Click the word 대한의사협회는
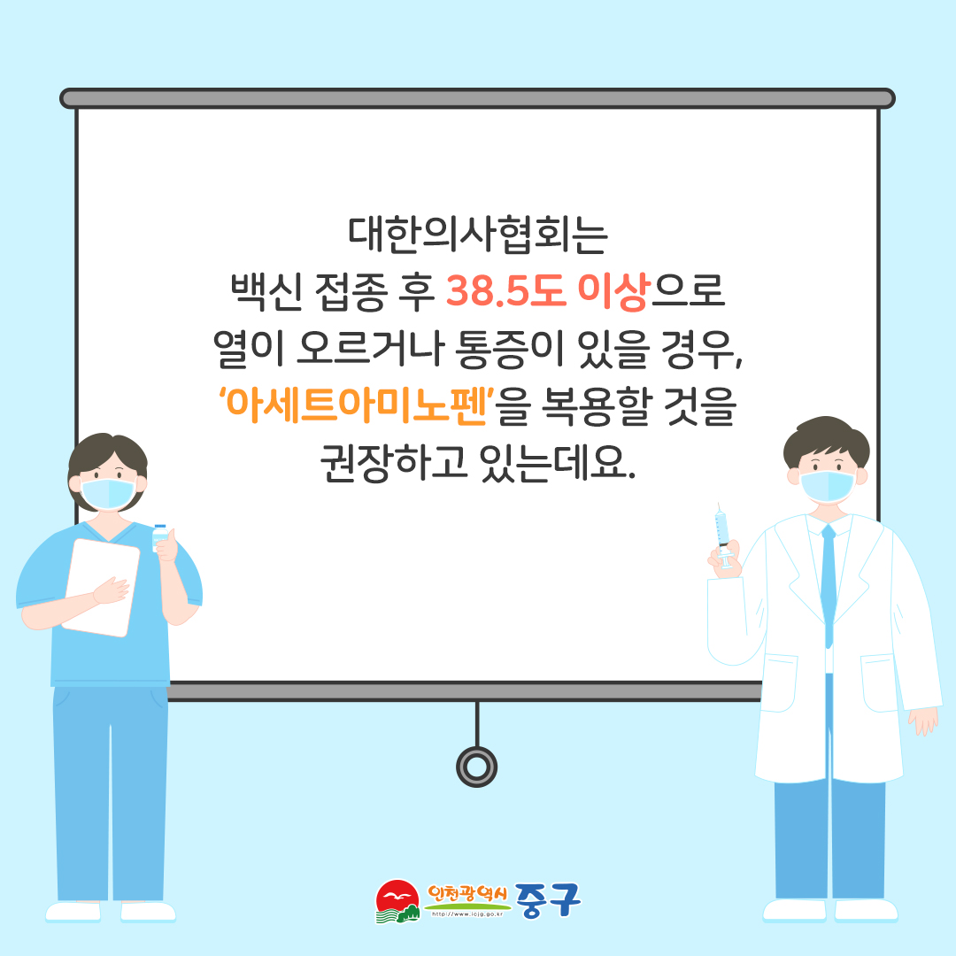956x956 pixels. point(478,235)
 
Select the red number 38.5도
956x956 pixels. point(506,291)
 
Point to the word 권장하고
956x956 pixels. point(394,462)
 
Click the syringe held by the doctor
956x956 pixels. point(722,536)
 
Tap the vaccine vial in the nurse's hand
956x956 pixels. point(159,536)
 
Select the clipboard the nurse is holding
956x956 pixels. point(101,587)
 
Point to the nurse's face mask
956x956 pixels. point(108,493)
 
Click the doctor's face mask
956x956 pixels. point(828,486)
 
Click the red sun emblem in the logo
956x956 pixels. point(397,897)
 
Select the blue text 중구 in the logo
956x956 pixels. point(548,900)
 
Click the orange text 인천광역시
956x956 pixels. point(467,894)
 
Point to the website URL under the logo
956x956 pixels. point(467,914)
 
